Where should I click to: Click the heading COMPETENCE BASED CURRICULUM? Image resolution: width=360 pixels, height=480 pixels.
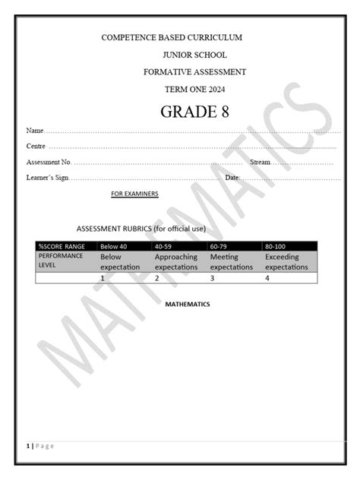click(172, 38)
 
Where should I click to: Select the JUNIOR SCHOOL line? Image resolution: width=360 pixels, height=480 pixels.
click(194, 55)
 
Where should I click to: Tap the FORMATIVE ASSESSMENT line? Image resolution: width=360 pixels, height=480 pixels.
click(194, 71)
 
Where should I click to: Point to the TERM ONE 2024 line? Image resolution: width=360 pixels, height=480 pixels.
click(194, 89)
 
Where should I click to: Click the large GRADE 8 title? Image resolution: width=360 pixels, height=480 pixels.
click(194, 112)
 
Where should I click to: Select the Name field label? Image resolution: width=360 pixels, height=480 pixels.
click(35, 131)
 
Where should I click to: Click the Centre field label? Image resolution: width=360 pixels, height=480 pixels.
click(36, 146)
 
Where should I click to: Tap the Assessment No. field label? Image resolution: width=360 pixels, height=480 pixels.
click(49, 162)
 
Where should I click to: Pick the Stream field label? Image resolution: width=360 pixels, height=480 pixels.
click(260, 162)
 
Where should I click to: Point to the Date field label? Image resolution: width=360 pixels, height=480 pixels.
click(232, 178)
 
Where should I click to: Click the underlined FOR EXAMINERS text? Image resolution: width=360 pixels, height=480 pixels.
click(134, 194)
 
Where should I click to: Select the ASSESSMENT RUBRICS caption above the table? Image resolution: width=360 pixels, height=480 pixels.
click(141, 228)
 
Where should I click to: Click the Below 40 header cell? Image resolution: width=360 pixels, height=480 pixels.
click(113, 246)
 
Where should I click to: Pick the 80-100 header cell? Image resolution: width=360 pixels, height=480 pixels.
click(275, 246)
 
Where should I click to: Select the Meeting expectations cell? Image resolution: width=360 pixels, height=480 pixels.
click(231, 262)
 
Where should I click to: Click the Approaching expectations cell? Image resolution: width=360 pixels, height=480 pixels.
click(176, 262)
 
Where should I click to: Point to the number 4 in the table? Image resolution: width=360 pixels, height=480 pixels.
click(267, 278)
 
